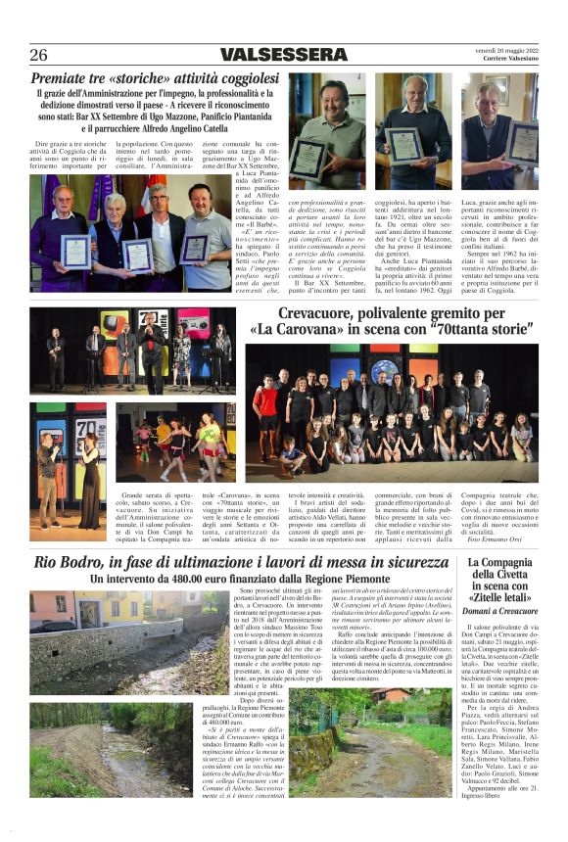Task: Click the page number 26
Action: click(x=39, y=54)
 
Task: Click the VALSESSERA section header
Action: click(x=277, y=54)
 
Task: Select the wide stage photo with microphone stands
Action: click(x=132, y=350)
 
